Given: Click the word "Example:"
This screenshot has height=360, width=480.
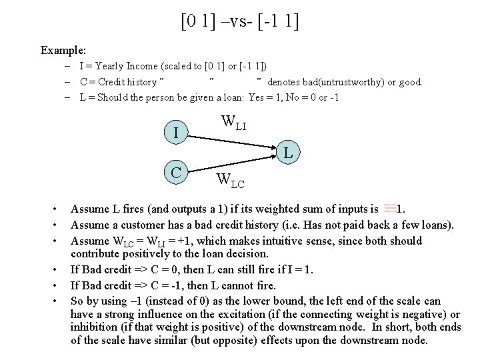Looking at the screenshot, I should tap(63, 50).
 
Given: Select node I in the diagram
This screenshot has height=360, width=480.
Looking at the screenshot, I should tap(175, 133).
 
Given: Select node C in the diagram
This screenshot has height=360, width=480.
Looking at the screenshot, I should tap(176, 172).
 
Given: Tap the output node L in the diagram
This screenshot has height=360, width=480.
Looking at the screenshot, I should tap(288, 153).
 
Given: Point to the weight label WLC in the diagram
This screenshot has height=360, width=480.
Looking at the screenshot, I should tap(231, 180).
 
